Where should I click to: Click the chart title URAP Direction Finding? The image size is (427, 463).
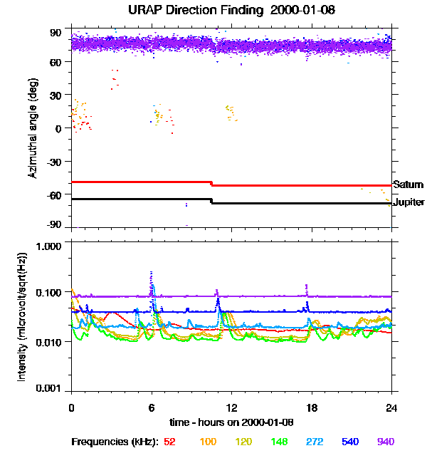[213, 11]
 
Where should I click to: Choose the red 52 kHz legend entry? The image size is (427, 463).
[169, 442]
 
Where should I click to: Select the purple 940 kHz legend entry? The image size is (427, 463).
[385, 442]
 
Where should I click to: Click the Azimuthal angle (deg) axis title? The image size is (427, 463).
[33, 128]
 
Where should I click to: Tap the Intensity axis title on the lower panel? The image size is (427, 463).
[23, 316]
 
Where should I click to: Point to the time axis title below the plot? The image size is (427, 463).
[231, 422]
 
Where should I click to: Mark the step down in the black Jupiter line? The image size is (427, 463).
[211, 202]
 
